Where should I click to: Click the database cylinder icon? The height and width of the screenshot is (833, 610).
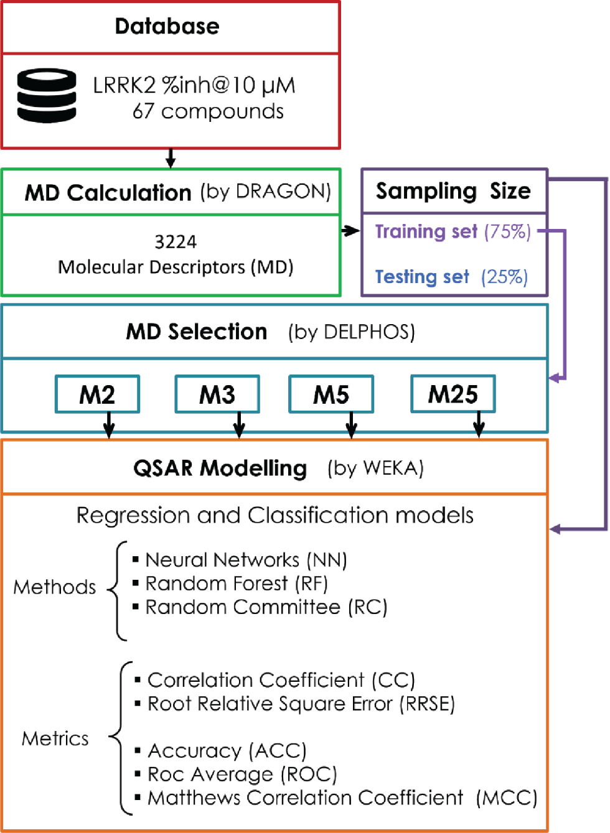click(47, 95)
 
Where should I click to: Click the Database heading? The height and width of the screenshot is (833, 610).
click(167, 27)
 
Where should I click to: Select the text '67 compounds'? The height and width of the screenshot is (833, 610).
click(208, 111)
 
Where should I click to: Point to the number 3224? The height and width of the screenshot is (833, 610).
click(176, 241)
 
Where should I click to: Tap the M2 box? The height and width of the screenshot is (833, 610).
click(97, 394)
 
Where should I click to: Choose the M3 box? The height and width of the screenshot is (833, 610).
click(217, 394)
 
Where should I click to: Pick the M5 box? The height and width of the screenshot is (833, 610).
click(331, 394)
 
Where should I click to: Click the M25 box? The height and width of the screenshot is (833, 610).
click(453, 394)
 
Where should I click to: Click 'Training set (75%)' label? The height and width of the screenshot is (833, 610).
click(453, 231)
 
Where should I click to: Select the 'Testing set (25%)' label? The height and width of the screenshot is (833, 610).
click(451, 277)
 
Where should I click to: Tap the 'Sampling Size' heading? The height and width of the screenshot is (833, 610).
click(453, 191)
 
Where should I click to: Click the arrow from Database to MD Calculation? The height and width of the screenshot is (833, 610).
click(171, 159)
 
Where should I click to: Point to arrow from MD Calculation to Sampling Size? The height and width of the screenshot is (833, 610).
click(350, 231)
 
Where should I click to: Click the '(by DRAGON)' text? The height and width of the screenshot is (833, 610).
click(265, 192)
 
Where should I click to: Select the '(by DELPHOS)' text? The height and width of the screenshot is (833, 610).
click(351, 332)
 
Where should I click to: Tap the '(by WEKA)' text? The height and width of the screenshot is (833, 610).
click(375, 468)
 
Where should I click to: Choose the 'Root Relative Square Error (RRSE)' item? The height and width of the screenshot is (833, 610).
click(301, 704)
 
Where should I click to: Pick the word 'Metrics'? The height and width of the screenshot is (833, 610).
click(55, 738)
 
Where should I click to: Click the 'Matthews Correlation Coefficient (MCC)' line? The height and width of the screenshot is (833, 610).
click(342, 798)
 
